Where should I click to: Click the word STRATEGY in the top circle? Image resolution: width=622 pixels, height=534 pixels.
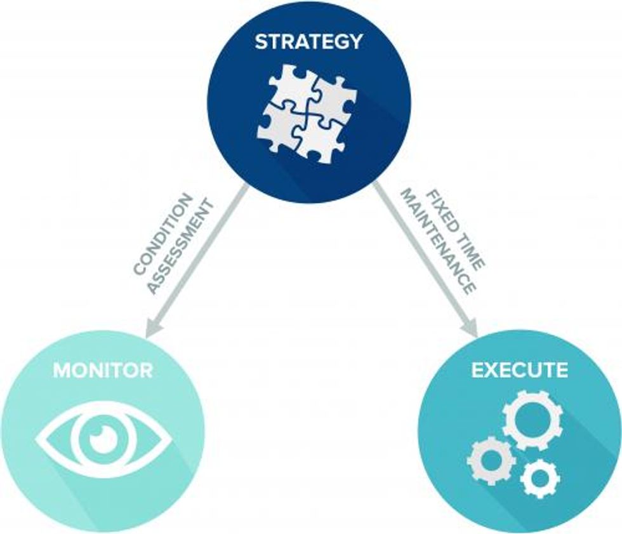pyautogui.click(x=308, y=43)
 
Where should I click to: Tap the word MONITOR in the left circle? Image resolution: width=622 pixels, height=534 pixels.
pyautogui.click(x=103, y=370)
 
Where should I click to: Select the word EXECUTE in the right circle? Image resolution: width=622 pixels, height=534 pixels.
pyautogui.click(x=519, y=370)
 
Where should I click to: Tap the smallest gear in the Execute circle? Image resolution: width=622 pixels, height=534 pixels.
pyautogui.click(x=539, y=477)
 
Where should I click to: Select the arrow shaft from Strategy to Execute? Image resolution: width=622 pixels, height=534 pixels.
pyautogui.click(x=419, y=254)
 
